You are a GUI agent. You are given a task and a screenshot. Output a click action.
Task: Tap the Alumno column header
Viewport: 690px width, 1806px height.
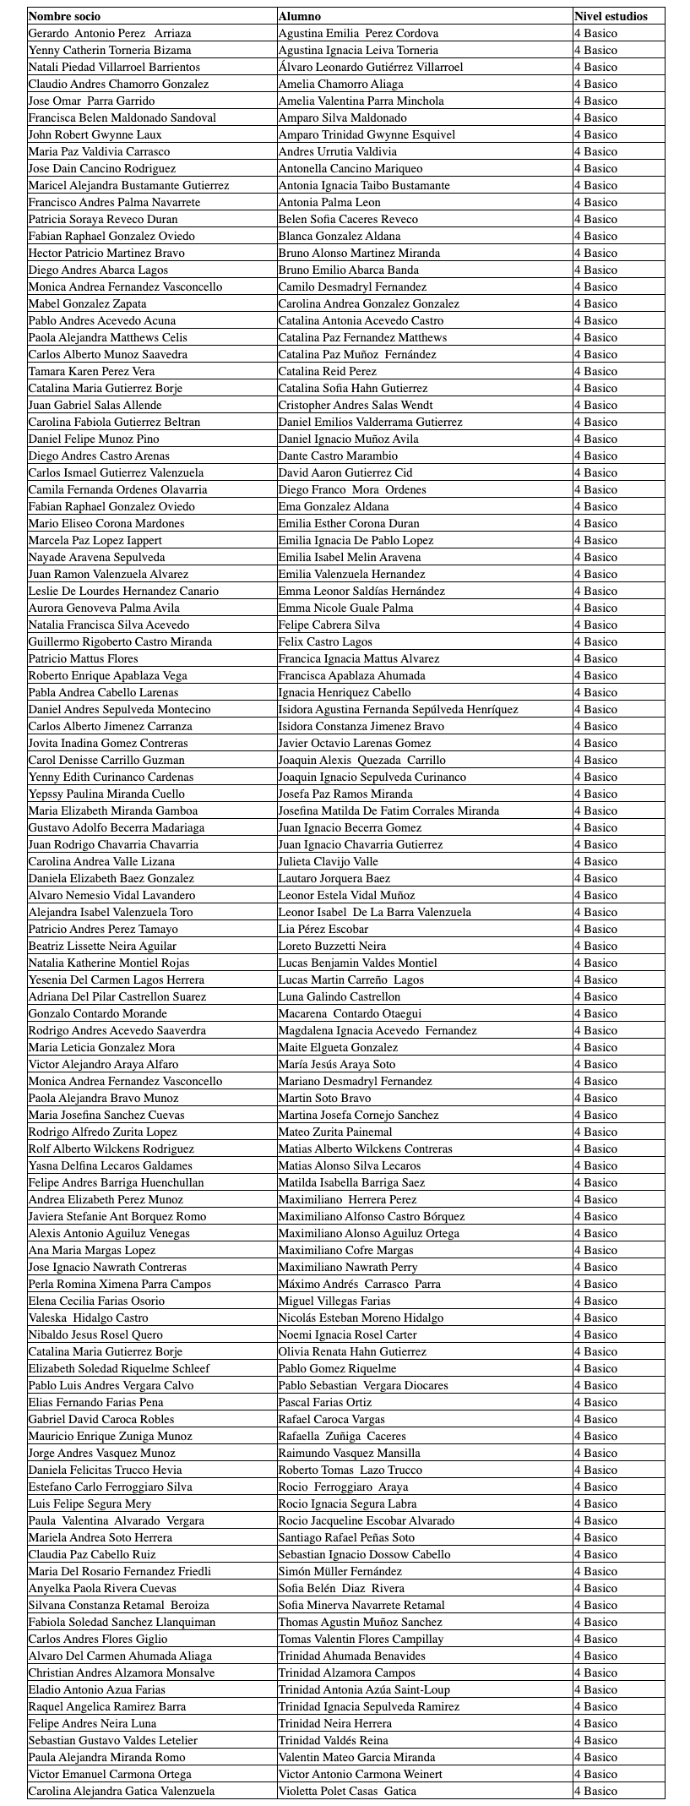coord(300,16)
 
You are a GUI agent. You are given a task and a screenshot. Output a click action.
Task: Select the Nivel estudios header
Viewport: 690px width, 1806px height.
coord(611,16)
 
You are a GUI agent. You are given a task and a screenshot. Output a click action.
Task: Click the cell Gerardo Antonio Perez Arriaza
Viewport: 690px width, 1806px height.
coord(110,33)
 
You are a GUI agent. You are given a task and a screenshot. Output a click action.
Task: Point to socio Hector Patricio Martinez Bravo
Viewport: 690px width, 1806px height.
coord(106,253)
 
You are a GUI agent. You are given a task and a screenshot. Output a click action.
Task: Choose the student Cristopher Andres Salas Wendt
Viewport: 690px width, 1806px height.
coord(356,405)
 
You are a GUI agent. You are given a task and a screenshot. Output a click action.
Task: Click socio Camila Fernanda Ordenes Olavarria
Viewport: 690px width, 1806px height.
coord(117,489)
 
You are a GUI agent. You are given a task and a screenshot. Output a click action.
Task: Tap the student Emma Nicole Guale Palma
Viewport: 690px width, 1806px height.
coord(346,608)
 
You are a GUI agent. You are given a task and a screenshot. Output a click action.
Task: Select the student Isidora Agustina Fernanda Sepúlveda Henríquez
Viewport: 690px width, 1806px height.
coord(399,709)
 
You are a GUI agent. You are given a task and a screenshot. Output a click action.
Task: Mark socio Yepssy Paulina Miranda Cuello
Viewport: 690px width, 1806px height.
coord(106,794)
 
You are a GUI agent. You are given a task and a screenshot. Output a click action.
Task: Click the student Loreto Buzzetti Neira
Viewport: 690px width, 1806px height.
coord(332,946)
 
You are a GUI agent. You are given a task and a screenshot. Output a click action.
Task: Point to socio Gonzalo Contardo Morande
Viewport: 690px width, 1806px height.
coord(98,1013)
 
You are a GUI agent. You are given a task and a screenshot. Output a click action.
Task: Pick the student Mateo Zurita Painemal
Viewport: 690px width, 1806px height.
coord(335,1132)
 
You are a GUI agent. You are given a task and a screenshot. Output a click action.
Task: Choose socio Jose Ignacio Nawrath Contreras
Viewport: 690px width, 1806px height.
coord(107,1267)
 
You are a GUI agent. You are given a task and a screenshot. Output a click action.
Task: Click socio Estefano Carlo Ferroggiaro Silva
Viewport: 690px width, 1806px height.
coord(111,1487)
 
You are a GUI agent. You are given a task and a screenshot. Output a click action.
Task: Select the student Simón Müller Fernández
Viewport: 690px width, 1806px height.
coord(340,1571)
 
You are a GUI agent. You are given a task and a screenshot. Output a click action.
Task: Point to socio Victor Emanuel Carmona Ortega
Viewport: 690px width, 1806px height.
coord(110,1774)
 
